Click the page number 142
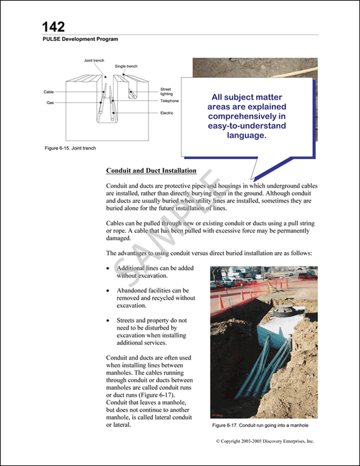point(53,26)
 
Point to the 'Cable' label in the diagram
point(49,92)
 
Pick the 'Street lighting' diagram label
point(166,91)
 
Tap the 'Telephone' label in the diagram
point(169,101)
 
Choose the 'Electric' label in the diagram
point(167,113)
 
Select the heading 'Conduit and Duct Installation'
point(151,171)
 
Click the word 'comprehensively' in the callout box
point(244,116)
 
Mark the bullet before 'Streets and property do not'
point(108,320)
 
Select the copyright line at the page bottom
point(264,440)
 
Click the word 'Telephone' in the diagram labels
point(169,101)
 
